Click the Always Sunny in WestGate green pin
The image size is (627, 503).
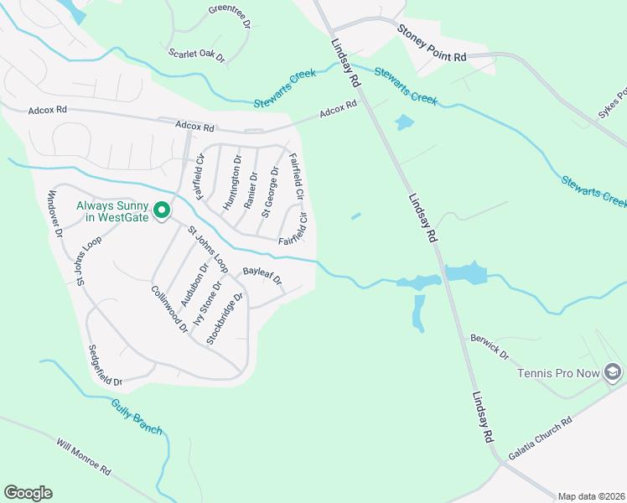tap(161, 210)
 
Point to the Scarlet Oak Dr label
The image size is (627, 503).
tap(197, 55)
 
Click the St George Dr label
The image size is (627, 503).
tap(270, 191)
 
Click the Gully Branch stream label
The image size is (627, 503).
tap(136, 416)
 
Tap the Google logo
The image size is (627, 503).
tap(28, 493)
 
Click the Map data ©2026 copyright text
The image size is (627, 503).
tap(590, 496)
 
